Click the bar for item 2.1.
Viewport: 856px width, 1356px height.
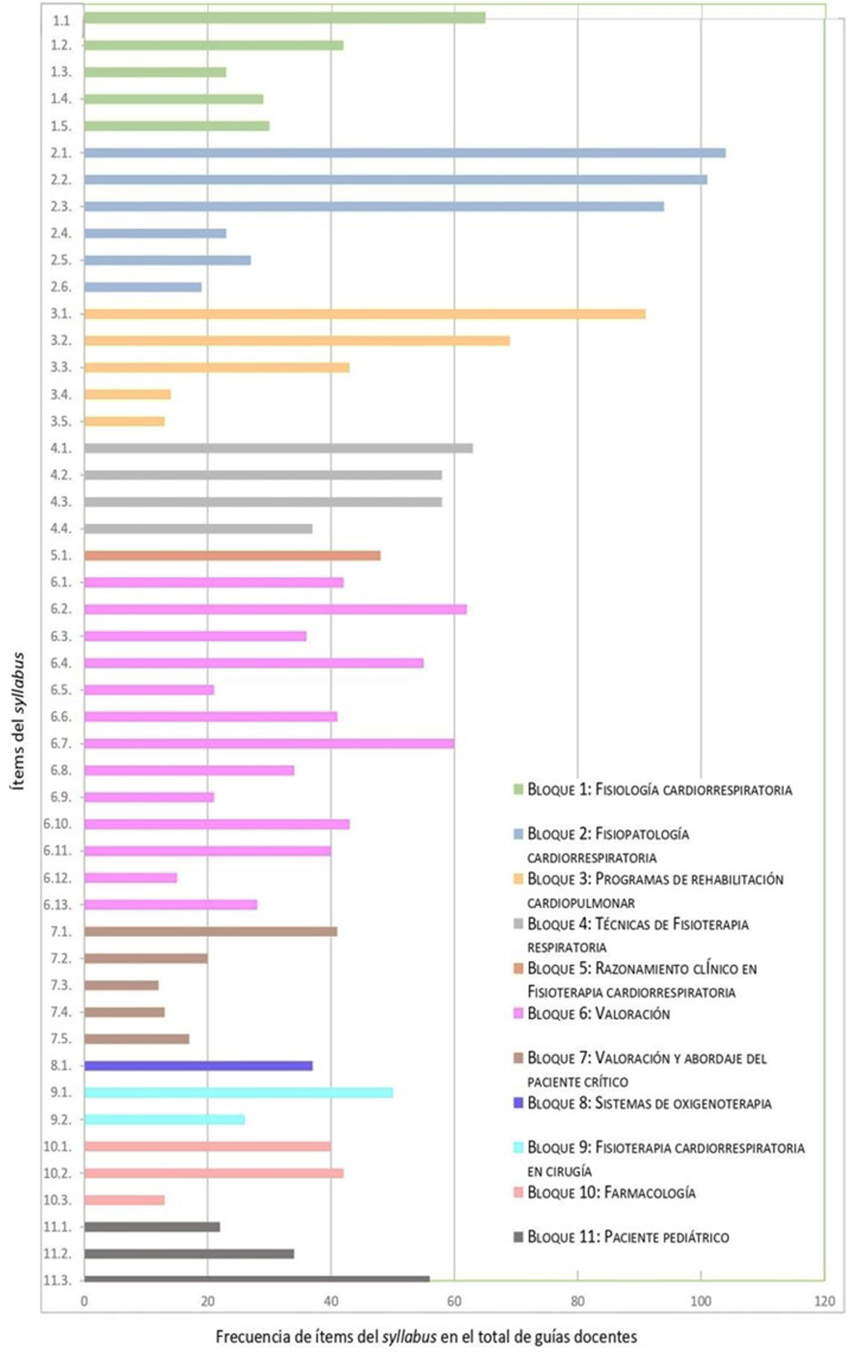(x=404, y=153)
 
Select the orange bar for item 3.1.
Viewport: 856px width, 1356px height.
(x=364, y=314)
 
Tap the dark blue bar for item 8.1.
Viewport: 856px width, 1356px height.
(x=198, y=1066)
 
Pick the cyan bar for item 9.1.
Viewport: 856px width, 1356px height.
(x=238, y=1093)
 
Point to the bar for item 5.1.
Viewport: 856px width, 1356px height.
(x=232, y=555)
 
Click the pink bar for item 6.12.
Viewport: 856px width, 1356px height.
(x=131, y=878)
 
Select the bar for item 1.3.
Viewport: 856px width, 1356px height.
(x=155, y=72)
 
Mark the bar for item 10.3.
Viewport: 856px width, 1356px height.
(x=124, y=1200)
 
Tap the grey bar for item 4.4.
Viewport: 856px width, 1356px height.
(x=198, y=529)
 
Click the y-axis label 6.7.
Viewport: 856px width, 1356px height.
(x=60, y=743)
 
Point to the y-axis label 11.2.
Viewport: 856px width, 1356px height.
(x=57, y=1254)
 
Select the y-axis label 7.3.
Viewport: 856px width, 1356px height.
(x=60, y=985)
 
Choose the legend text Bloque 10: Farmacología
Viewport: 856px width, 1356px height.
(x=611, y=1192)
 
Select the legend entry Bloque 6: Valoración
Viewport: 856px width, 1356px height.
(x=598, y=1014)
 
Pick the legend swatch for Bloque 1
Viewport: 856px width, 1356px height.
(x=518, y=789)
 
